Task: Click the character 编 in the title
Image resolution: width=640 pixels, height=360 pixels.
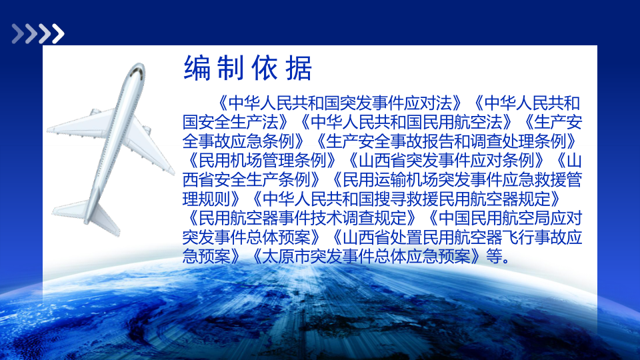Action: coord(197,68)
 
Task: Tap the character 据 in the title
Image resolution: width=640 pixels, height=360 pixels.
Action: coord(299,68)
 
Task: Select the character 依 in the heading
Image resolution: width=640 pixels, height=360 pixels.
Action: coord(265,68)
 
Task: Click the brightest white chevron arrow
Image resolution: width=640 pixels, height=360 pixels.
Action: coord(58,33)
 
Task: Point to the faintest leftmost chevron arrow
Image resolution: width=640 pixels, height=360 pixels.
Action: coord(18,33)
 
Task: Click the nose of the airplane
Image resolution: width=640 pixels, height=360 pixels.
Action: coord(139,66)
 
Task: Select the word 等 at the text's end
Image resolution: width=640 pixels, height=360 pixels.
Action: coord(494,257)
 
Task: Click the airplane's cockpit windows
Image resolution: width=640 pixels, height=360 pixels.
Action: coord(138,72)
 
